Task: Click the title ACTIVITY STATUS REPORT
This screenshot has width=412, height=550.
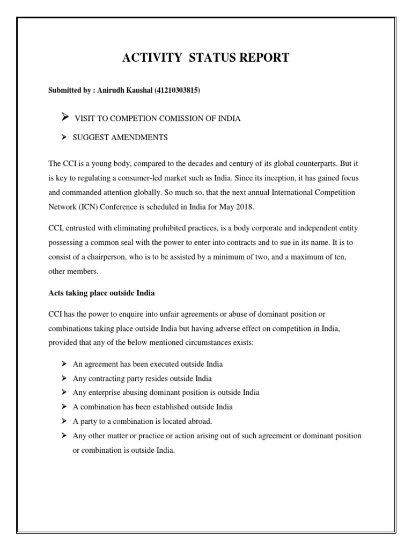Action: (206, 58)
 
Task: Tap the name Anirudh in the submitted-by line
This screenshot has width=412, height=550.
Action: (111, 91)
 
